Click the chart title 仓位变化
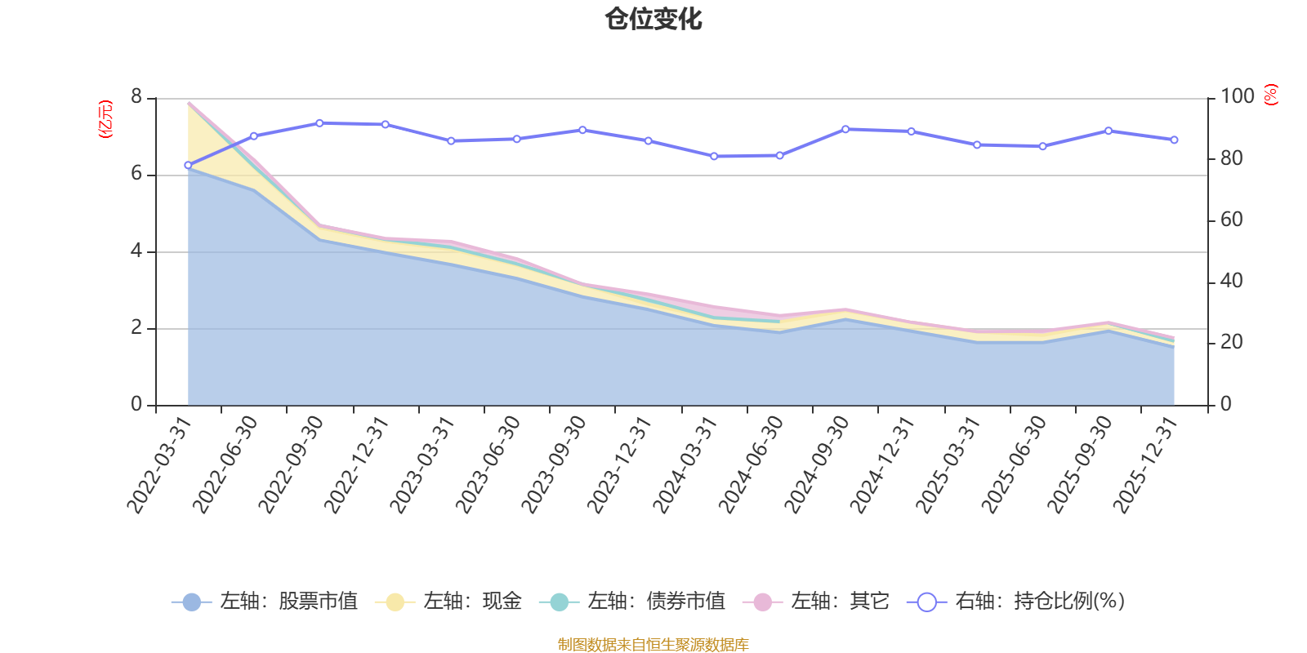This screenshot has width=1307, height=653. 653,19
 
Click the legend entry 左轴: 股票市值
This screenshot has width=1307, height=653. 265,602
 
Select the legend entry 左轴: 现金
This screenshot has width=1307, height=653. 448,602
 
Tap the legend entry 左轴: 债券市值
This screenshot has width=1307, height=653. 632,602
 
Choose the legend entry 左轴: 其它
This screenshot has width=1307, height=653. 816,602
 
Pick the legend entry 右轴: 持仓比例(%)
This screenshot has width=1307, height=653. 1016,602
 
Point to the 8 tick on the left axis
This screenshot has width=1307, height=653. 136,97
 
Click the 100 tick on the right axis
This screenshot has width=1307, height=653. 1237,97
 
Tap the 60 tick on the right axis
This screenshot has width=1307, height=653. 1232,220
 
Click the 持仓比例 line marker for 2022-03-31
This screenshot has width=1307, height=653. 188,165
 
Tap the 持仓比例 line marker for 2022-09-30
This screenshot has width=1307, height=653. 319,123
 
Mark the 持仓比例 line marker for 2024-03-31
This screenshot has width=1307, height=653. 714,156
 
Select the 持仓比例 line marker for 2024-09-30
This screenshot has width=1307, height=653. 845,129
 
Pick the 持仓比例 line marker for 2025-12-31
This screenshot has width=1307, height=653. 1175,140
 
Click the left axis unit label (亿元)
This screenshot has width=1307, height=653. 105,119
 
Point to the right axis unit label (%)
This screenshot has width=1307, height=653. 1270,95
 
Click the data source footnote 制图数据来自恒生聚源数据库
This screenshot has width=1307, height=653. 653,645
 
